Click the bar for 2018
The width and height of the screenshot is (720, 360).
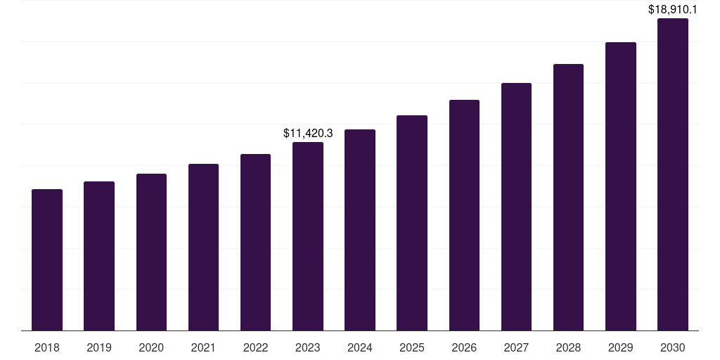[47, 260]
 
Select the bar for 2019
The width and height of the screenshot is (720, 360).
[99, 256]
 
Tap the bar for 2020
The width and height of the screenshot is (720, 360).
[151, 252]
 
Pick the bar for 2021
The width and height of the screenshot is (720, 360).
[203, 247]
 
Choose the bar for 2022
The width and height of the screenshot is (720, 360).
[255, 243]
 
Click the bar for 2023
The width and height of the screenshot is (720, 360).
[308, 236]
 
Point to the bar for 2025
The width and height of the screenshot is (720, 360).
[412, 223]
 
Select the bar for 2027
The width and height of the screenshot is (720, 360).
[516, 207]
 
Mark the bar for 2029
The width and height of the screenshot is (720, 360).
[621, 186]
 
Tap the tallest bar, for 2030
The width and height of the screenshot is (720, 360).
[673, 174]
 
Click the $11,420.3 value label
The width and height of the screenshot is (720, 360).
[308, 133]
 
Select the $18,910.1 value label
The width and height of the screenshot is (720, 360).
[673, 10]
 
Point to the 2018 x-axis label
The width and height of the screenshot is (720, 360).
[47, 347]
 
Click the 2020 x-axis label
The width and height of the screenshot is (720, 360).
[151, 347]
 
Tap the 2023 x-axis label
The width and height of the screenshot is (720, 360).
[308, 347]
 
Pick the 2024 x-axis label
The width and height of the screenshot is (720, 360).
[360, 347]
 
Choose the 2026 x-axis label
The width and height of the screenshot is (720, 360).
[464, 347]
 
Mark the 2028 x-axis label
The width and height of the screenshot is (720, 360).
[568, 347]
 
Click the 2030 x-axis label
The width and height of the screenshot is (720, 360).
[673, 347]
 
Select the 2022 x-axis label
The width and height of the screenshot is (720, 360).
[255, 347]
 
